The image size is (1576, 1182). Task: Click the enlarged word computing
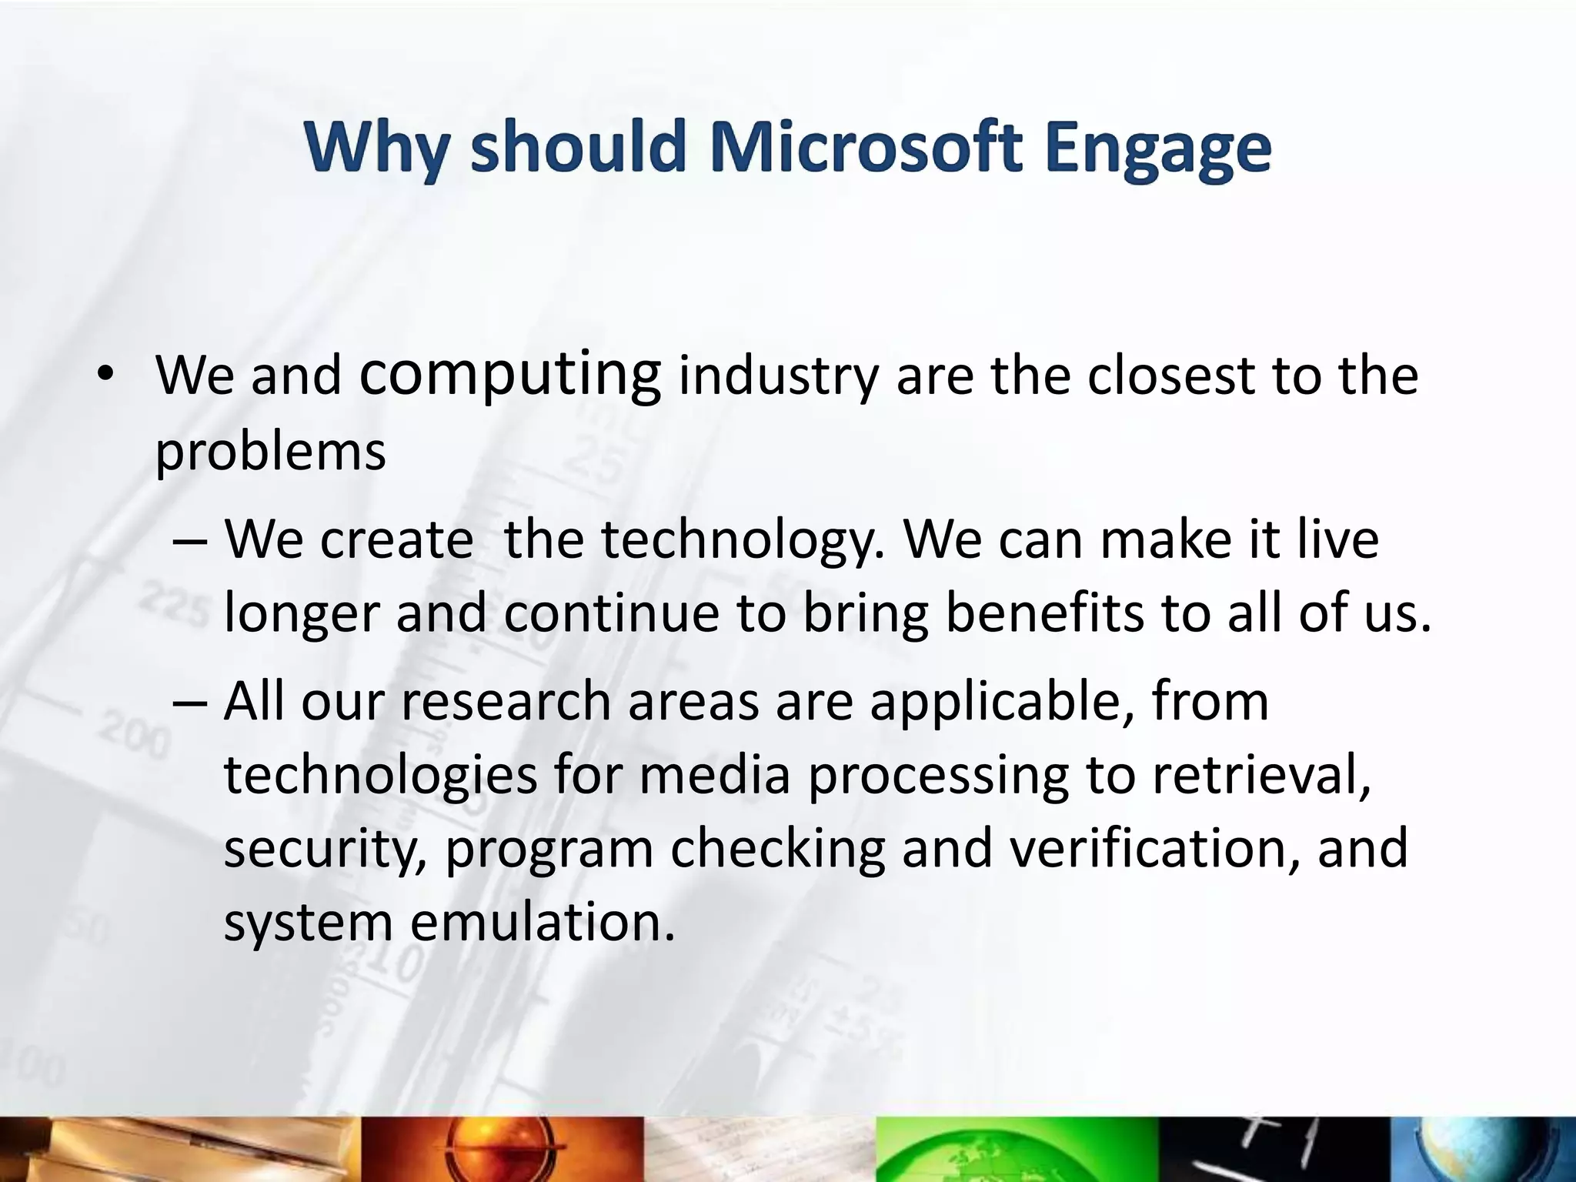point(509,375)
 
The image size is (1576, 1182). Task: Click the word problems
point(270,452)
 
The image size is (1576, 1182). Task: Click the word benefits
point(1044,613)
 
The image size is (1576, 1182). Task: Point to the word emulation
point(542,921)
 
